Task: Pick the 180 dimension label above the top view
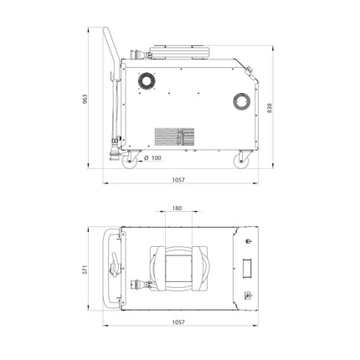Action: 176,208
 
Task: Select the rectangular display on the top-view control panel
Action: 248,268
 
